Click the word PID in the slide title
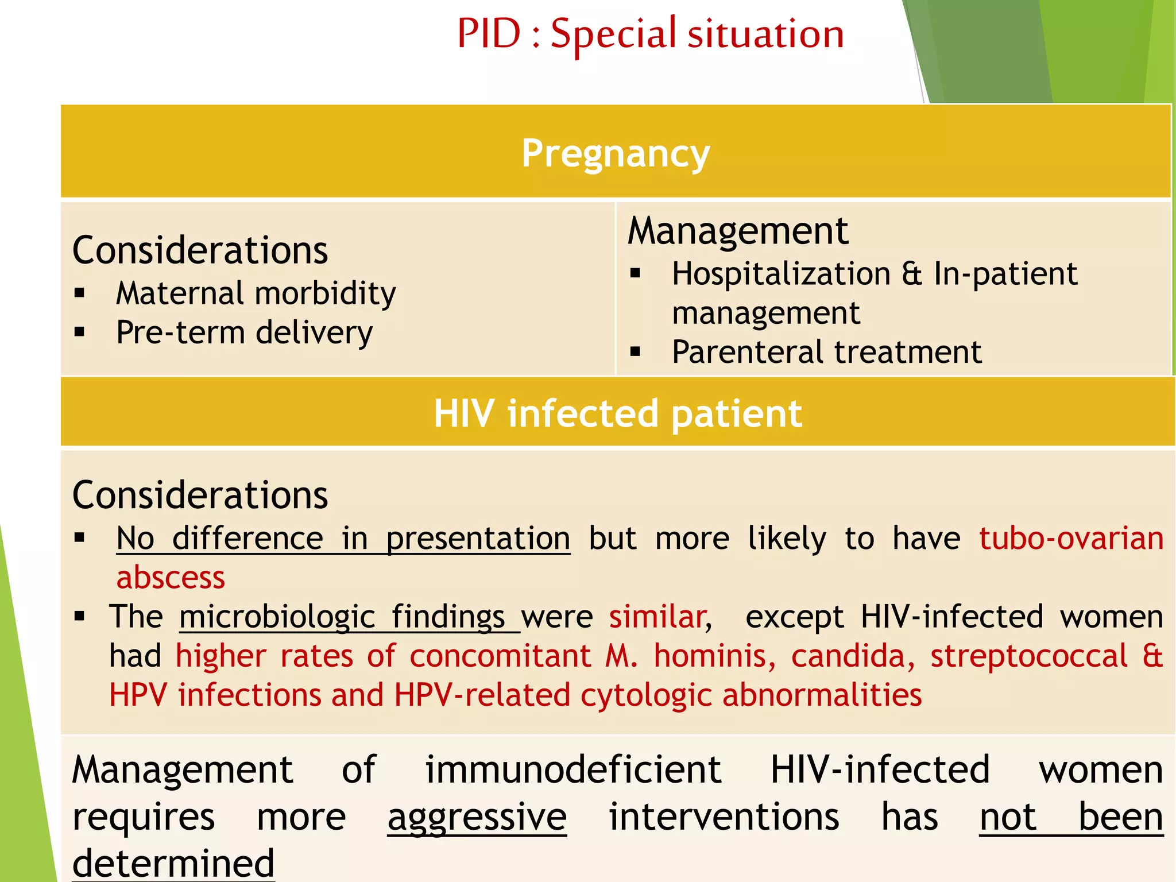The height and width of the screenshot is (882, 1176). pyautogui.click(x=489, y=34)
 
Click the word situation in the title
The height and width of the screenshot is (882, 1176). pyautogui.click(x=766, y=34)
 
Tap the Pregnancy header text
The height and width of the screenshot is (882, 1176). pyautogui.click(x=616, y=154)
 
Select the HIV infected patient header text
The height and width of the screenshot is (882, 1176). pyautogui.click(x=617, y=413)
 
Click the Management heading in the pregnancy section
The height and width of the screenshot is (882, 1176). pyautogui.click(x=738, y=231)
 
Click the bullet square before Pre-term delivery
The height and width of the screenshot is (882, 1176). pyautogui.click(x=80, y=332)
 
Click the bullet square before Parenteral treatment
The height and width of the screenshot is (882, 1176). pyautogui.click(x=635, y=351)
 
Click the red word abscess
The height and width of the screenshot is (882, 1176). pyautogui.click(x=171, y=578)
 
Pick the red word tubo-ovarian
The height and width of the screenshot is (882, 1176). pyautogui.click(x=1071, y=539)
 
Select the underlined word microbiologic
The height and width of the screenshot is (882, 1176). pyautogui.click(x=277, y=617)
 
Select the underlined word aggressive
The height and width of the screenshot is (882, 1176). pyautogui.click(x=477, y=818)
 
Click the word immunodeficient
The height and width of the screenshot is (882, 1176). pyautogui.click(x=572, y=770)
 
